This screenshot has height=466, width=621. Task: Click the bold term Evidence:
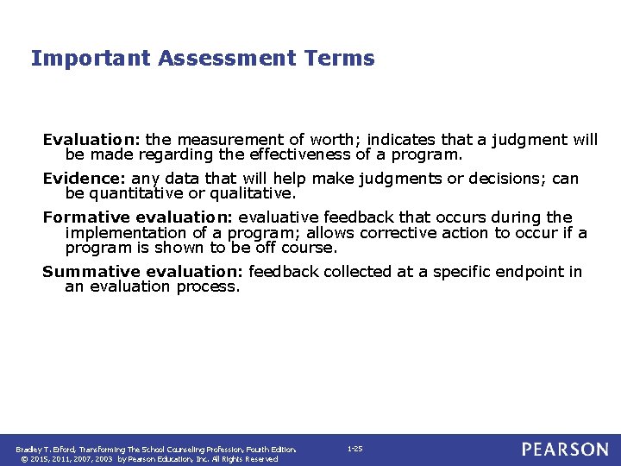[85, 179]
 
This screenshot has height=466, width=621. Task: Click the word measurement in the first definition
[221, 140]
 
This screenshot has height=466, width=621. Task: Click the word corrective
[384, 233]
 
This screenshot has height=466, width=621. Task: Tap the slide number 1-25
[354, 449]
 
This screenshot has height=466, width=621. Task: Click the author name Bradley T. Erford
[45, 450]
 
